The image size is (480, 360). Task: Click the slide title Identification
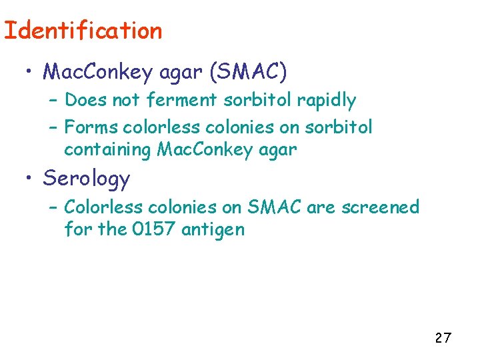(x=83, y=31)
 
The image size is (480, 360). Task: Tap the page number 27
(x=443, y=338)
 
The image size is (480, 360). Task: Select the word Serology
(x=87, y=179)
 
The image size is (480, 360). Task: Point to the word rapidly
(x=327, y=101)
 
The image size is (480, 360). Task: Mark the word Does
(x=81, y=101)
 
